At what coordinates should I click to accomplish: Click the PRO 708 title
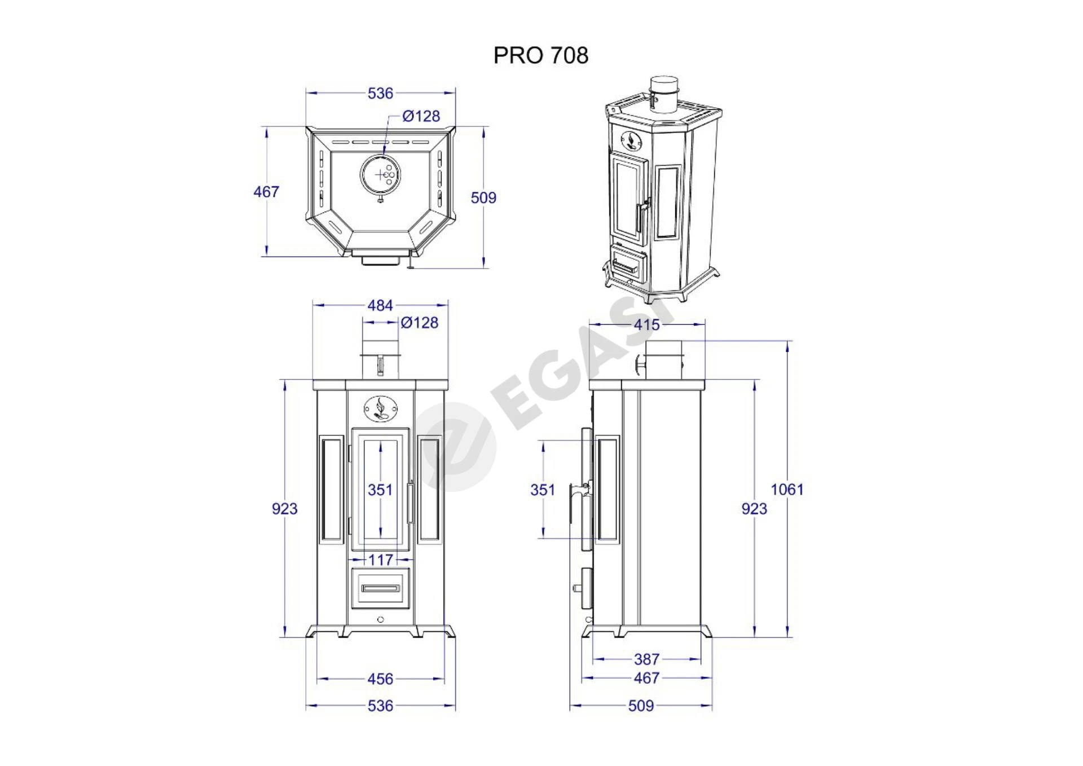coord(541,55)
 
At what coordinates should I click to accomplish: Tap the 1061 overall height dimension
coord(787,489)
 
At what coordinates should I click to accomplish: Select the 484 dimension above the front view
coord(380,305)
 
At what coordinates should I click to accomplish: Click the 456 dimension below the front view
coord(380,679)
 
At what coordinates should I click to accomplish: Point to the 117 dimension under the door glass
coord(381,560)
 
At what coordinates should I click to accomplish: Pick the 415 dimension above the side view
coord(646,325)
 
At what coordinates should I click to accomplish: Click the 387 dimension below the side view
coord(646,659)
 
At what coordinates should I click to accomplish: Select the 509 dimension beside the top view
coord(483,197)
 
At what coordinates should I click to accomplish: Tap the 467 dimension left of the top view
coord(266,192)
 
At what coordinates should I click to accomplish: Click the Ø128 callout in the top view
coord(421,116)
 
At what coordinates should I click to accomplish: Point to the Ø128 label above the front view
coord(419,323)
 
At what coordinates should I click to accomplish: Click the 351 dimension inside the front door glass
coord(380,490)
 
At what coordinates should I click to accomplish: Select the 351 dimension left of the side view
coord(543,490)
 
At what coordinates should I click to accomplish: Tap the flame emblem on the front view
coord(381,408)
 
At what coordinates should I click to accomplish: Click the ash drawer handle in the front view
coord(381,588)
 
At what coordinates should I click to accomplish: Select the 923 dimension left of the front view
coord(284,509)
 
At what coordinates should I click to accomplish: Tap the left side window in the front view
coord(332,488)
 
